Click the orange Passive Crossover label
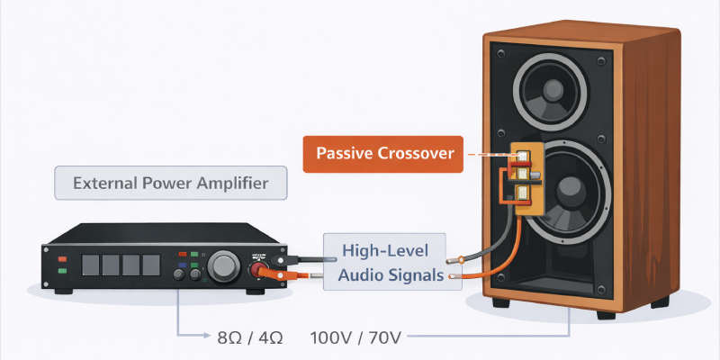383,154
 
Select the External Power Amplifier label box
171,183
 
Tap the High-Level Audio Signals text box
392,262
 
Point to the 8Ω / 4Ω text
250,338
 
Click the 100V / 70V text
355,338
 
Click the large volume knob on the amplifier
224,265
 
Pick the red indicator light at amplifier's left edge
62,259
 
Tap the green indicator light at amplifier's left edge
62,271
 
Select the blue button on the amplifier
183,265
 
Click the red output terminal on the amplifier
257,269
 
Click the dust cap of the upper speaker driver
553,89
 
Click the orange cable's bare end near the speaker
453,276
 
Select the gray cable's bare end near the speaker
455,261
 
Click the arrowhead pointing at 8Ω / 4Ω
206,335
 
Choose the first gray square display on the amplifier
91,265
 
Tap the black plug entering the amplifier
283,260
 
